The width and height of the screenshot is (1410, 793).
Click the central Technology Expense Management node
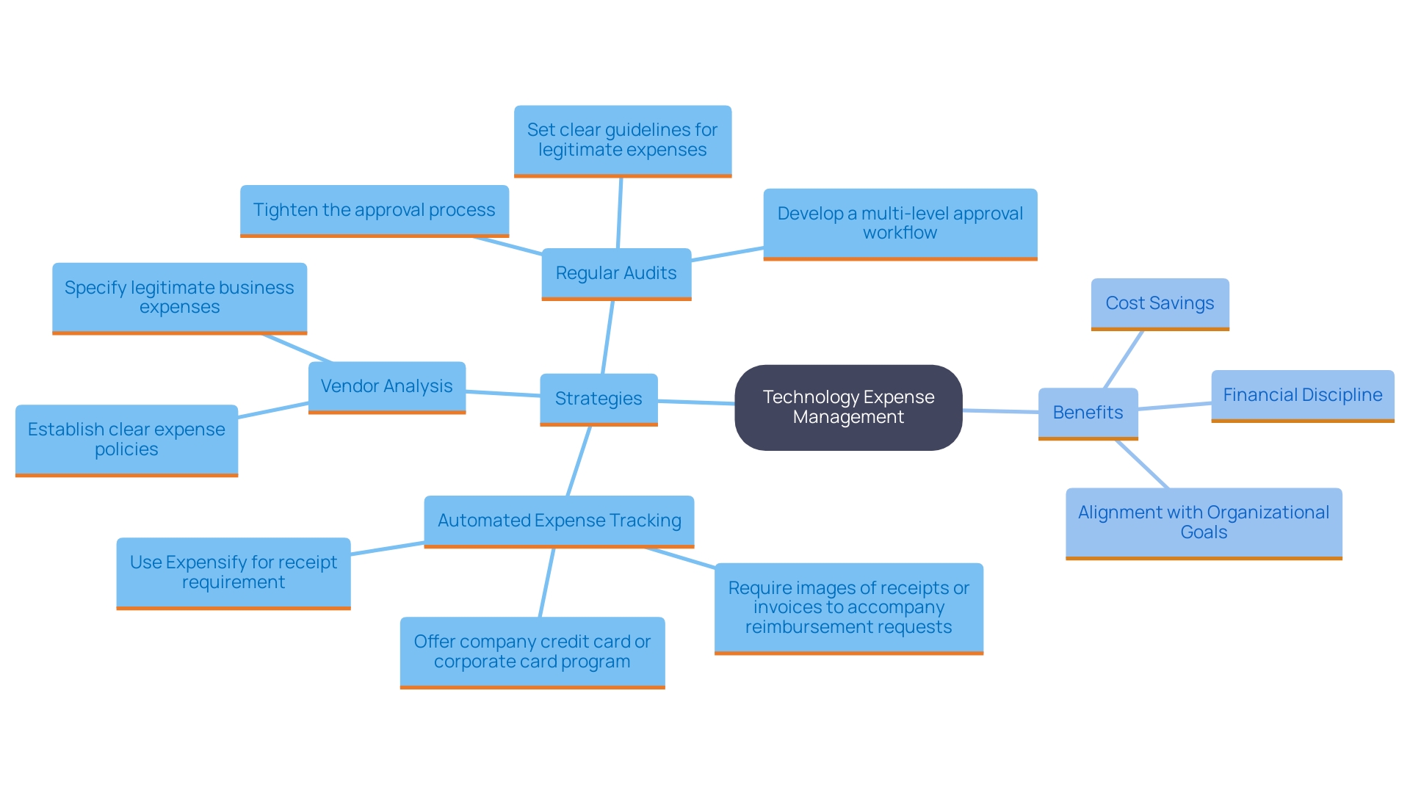point(848,408)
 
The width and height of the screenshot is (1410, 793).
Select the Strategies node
point(599,399)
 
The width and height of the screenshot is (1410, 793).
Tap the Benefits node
point(1088,413)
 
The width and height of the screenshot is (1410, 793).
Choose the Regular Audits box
point(616,273)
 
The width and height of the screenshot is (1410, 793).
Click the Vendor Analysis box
point(386,386)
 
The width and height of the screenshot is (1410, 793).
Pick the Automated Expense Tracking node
point(559,521)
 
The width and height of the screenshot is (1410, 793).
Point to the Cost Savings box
point(1160,303)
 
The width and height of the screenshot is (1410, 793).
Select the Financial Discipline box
point(1302,395)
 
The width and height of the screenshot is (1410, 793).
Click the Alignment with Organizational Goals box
point(1204,523)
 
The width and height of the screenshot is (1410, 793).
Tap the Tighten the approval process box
point(374,210)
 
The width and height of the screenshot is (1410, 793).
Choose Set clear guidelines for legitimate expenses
point(622,140)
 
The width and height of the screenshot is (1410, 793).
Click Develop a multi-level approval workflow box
point(900,223)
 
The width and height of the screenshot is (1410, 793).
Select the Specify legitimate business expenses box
point(179,297)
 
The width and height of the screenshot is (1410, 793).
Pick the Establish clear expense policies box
point(126,439)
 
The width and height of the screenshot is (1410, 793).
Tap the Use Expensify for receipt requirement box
point(233,572)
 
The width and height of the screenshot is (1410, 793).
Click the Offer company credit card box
point(532,651)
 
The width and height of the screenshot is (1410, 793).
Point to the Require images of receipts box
point(848,607)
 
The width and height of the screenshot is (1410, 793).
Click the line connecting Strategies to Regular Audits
point(607,338)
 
